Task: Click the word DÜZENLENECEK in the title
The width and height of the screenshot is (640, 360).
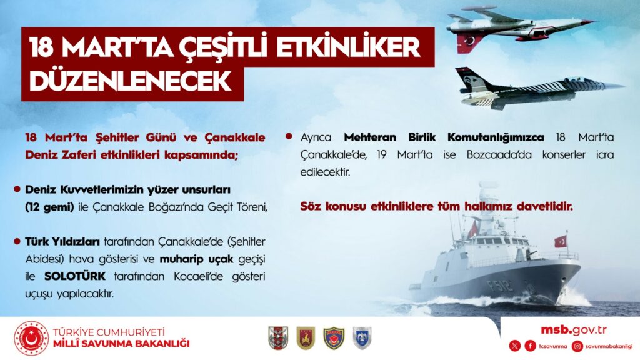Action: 130,82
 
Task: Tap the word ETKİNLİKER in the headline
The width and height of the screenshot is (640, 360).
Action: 348,47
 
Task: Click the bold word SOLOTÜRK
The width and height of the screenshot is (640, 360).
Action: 75,276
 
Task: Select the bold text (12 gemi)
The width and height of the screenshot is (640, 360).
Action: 49,207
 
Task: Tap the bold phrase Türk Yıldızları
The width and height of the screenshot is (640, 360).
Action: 62,242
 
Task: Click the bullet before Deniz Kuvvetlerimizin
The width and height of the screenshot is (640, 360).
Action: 17,189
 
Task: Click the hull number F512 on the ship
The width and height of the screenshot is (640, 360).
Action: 501,285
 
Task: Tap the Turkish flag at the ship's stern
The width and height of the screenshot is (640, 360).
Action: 561,242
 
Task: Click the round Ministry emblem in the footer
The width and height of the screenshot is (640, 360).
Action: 31,338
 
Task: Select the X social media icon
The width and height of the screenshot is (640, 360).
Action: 515,346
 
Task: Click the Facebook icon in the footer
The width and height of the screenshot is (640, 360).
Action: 530,346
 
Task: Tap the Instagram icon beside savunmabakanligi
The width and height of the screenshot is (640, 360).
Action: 577,346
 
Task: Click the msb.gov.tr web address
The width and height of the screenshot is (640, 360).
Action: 574,330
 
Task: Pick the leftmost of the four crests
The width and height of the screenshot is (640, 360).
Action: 278,338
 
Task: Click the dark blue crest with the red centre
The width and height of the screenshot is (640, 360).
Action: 334,338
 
